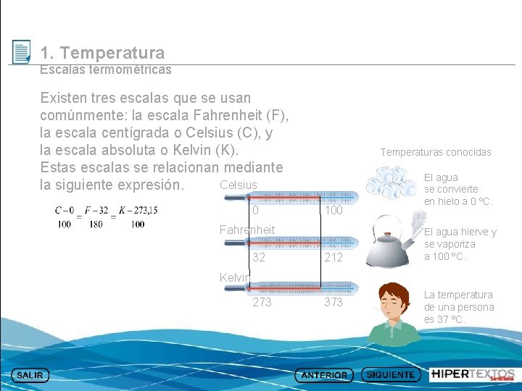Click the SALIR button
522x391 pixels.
(30, 375)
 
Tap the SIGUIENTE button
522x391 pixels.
(391, 375)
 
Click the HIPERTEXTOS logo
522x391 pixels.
(473, 374)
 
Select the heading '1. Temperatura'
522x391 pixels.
(102, 53)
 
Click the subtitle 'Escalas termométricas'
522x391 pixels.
(106, 70)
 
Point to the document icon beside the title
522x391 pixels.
(22, 52)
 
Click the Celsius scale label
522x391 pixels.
(238, 185)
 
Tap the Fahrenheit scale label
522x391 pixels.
(247, 230)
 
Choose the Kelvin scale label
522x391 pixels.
(234, 277)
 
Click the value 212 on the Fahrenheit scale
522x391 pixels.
(333, 258)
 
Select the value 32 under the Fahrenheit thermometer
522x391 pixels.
(259, 258)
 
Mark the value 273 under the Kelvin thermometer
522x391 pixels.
(262, 302)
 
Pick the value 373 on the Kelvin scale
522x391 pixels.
(333, 302)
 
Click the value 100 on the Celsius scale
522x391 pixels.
(333, 211)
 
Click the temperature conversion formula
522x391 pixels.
(107, 216)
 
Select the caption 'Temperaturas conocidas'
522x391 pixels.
(436, 152)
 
